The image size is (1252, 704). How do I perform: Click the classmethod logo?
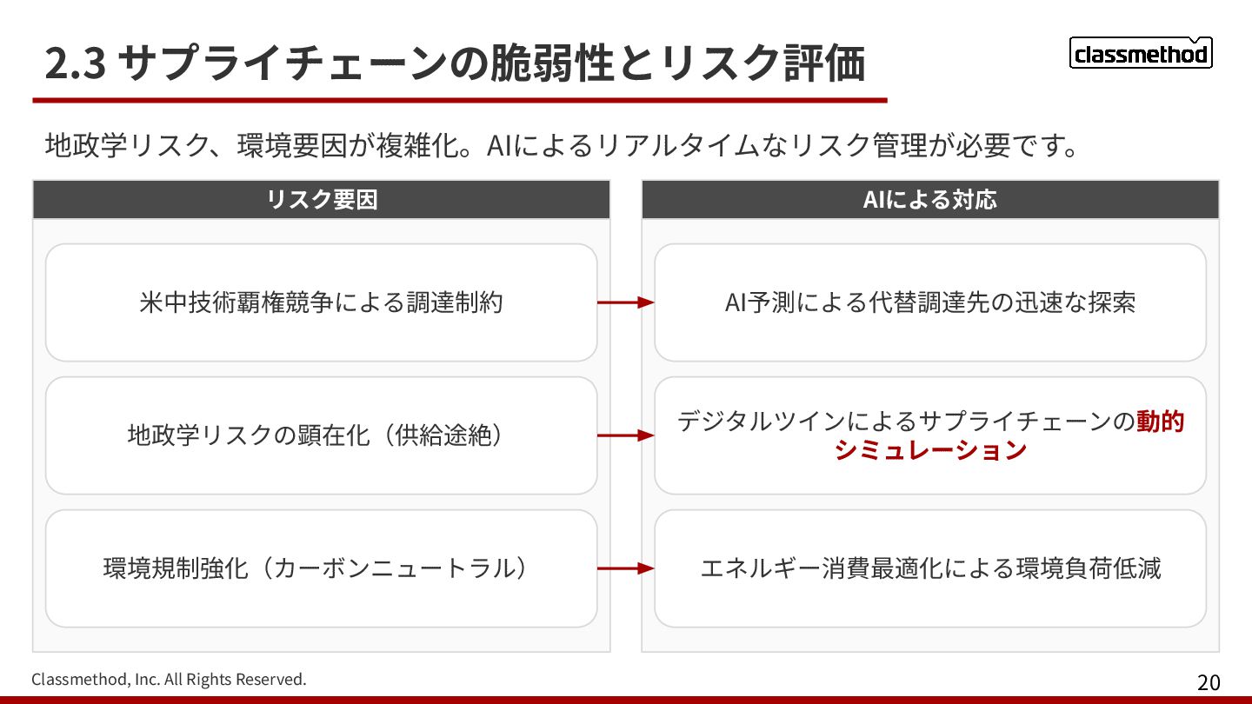pyautogui.click(x=1140, y=54)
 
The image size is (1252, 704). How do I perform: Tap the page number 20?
pyautogui.click(x=1209, y=682)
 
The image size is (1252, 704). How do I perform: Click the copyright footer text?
pyautogui.click(x=169, y=679)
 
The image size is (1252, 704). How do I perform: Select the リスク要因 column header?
pyautogui.click(x=322, y=200)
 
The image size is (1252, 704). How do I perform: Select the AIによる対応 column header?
pyautogui.click(x=930, y=200)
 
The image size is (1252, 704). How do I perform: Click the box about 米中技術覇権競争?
pyautogui.click(x=322, y=302)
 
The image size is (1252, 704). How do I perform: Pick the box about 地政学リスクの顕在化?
pyautogui.click(x=322, y=435)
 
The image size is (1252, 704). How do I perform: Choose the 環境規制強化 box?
pyautogui.click(x=322, y=568)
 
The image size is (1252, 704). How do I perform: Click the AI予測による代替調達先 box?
pyautogui.click(x=930, y=302)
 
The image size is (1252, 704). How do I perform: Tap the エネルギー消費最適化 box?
pyautogui.click(x=930, y=568)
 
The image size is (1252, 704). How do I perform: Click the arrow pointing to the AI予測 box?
pyautogui.click(x=625, y=302)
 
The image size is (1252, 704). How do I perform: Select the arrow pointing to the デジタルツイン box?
pyautogui.click(x=625, y=435)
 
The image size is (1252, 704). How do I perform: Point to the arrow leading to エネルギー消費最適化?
pyautogui.click(x=625, y=568)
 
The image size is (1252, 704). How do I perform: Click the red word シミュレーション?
pyautogui.click(x=930, y=450)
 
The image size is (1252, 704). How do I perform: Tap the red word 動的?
pyautogui.click(x=1160, y=422)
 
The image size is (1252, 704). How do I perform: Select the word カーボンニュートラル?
pyautogui.click(x=396, y=568)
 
